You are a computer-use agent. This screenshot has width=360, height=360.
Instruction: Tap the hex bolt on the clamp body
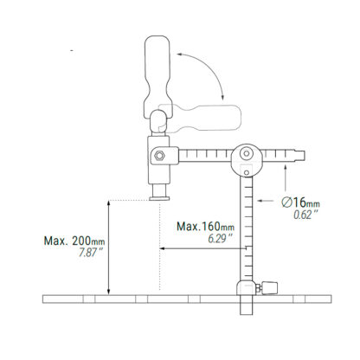(159, 156)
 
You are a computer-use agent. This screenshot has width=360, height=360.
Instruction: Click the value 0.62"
(304, 215)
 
